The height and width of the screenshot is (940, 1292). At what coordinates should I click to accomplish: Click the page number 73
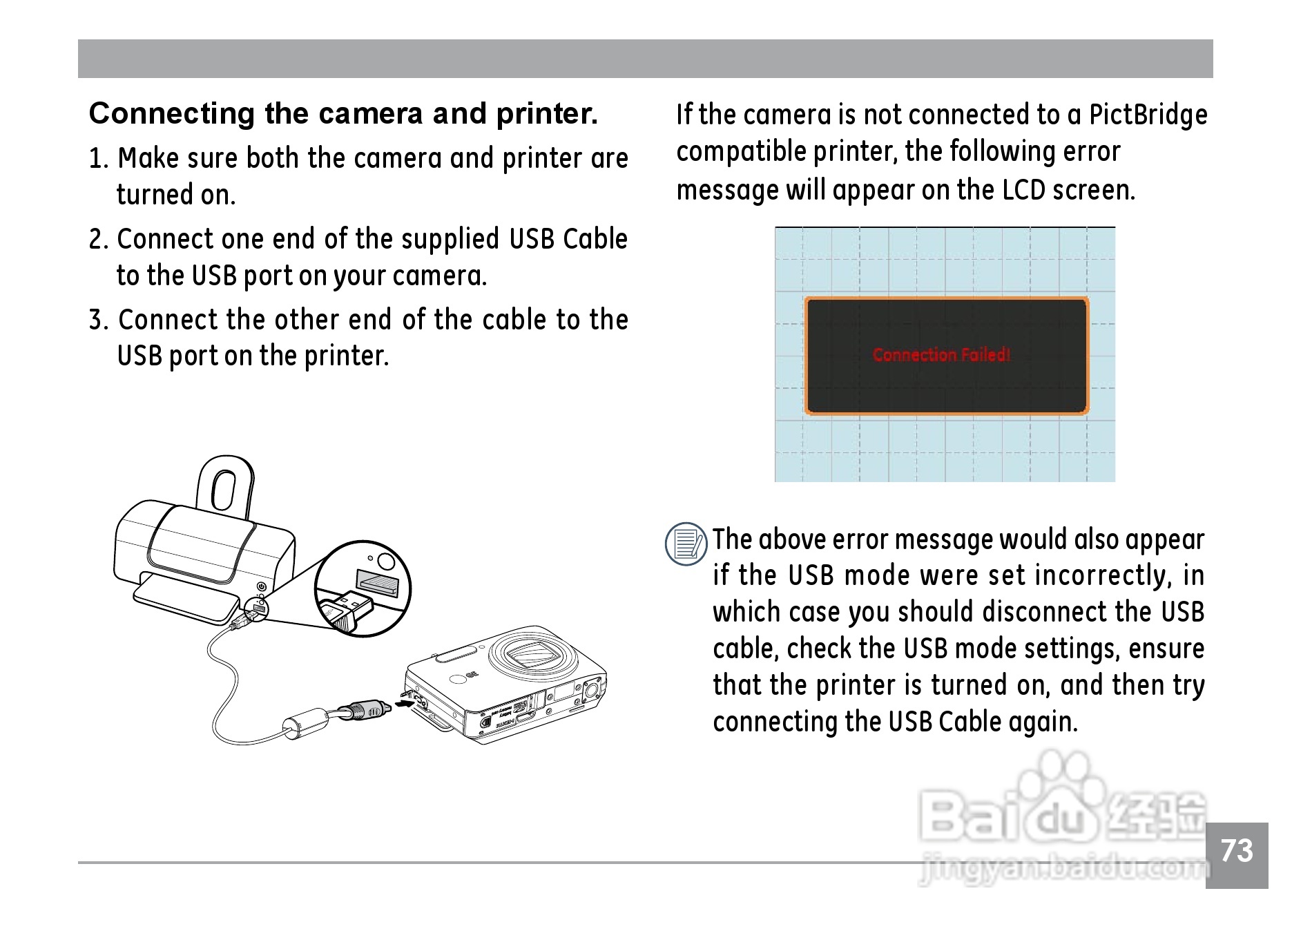(1236, 851)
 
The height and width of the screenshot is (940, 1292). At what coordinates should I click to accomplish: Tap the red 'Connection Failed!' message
(941, 355)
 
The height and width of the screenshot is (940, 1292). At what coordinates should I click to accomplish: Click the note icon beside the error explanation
(686, 544)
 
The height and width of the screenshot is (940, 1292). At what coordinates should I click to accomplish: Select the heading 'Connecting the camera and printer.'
(343, 114)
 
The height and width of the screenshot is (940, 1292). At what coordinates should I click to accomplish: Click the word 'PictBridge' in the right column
(1148, 115)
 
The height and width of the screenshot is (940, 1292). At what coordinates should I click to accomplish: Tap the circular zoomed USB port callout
(363, 589)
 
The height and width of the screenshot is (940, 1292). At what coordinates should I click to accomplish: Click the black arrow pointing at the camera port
(405, 703)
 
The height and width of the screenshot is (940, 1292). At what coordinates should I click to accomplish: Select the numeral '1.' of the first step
(99, 159)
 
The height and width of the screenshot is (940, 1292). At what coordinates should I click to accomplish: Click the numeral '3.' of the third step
(99, 320)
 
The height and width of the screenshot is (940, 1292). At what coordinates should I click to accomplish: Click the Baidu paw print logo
(1055, 784)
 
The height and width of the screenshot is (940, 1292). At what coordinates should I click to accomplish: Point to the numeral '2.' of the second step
(99, 240)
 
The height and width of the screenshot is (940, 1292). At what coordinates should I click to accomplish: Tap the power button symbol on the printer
(261, 586)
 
